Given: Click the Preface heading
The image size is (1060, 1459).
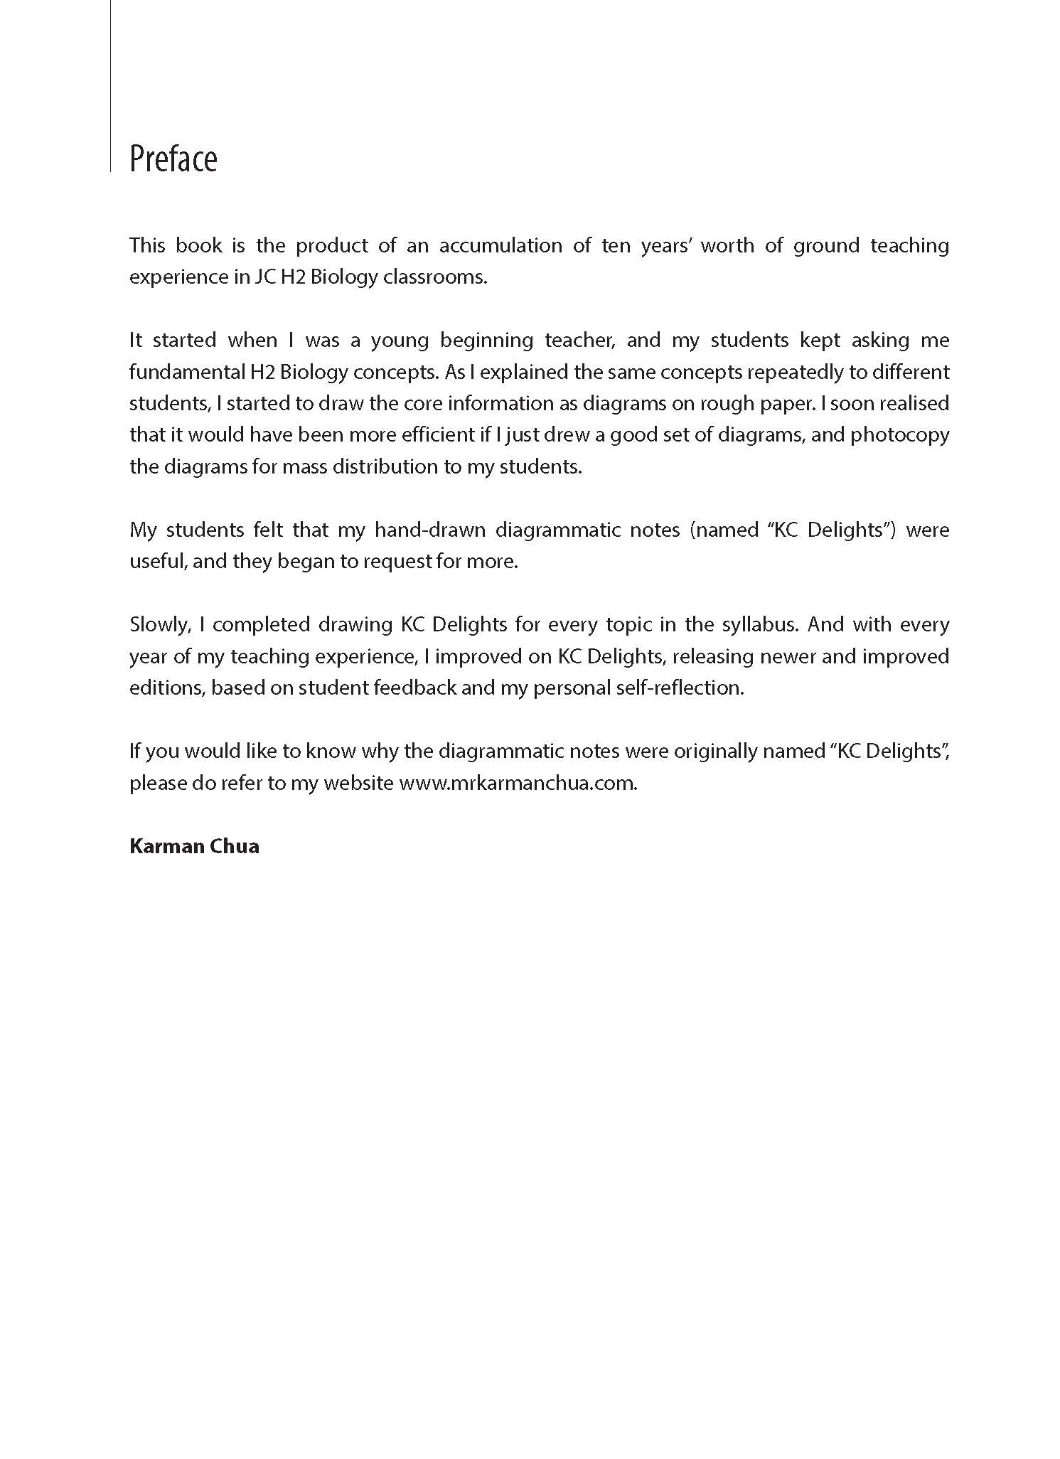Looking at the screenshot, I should coord(173,159).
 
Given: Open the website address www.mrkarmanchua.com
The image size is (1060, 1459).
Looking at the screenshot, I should coord(518,783).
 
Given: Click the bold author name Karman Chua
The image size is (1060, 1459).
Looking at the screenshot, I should coord(194,846).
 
